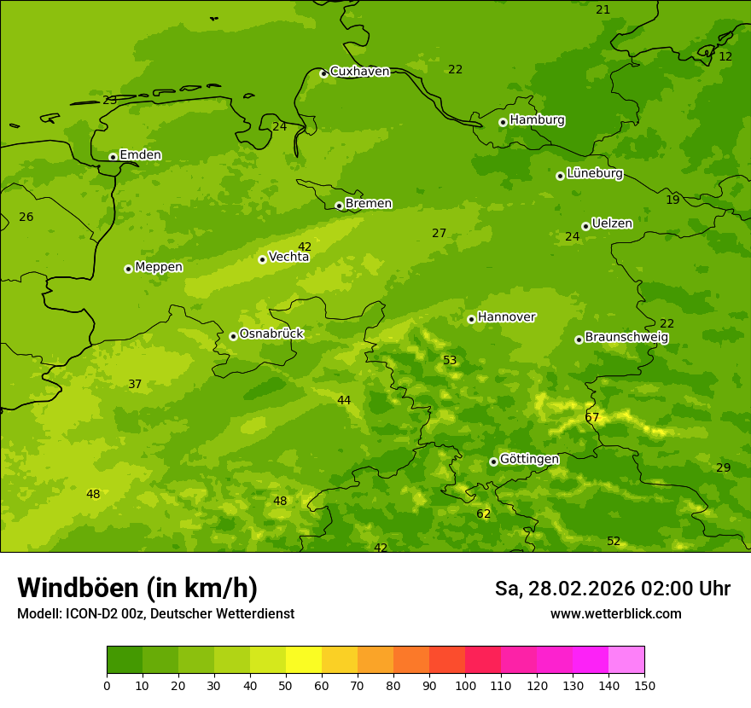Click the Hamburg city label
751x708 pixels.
pos(537,120)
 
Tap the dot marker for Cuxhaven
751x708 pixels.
pos(323,73)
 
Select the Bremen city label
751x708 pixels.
pos(368,204)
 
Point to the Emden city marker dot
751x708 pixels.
pos(113,156)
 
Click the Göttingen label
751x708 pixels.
pos(529,460)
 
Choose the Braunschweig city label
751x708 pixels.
pos(626,338)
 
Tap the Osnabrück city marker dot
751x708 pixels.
pos(233,336)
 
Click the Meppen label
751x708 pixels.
pos(159,268)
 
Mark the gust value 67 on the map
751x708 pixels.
pos(592,418)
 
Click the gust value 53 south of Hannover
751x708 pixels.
pos(450,361)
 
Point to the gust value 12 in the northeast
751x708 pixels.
pos(725,57)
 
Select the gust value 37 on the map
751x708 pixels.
pos(135,385)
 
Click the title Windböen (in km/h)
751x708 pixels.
pos(137,588)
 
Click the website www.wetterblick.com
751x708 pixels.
pos(615,614)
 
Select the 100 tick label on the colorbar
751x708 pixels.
pos(465,685)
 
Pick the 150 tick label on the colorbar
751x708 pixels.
pos(643,685)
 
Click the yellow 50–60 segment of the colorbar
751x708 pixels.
pos(304,660)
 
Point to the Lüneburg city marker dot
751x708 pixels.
pos(560,176)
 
